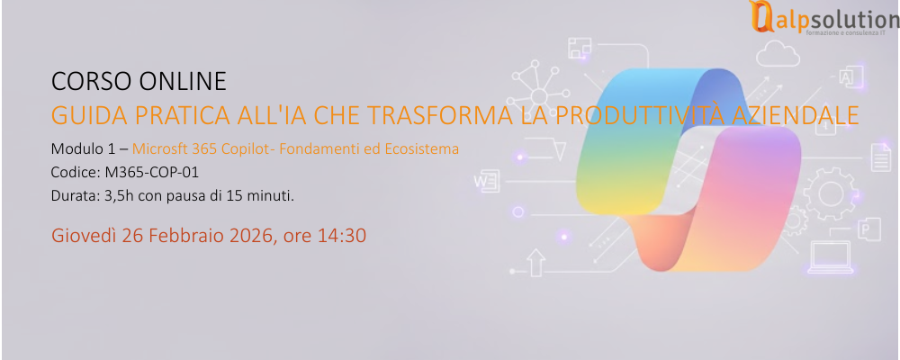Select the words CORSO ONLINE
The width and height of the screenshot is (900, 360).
(139, 82)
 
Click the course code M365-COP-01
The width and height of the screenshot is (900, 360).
(151, 171)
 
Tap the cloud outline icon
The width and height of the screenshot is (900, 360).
(778, 57)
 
